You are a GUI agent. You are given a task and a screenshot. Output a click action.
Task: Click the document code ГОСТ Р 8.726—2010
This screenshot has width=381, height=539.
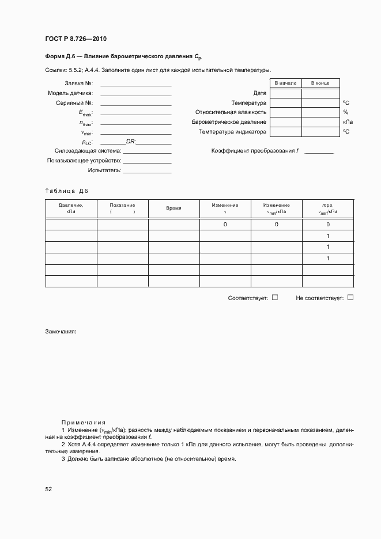tap(76, 39)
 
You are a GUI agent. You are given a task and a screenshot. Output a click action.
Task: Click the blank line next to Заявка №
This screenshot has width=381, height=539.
tap(135, 84)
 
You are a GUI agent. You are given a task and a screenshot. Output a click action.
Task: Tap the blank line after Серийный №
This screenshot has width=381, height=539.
tap(135, 104)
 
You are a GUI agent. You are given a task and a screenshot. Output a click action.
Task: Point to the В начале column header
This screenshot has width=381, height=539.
tap(285, 83)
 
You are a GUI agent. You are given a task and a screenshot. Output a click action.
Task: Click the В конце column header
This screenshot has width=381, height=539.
tap(320, 83)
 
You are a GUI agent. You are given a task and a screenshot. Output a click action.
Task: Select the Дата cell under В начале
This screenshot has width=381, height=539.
tap(285, 93)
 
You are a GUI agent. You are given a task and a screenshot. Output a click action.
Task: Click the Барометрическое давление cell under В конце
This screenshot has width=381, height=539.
tap(320, 122)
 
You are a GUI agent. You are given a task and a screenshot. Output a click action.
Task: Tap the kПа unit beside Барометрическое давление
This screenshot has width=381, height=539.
tap(348, 122)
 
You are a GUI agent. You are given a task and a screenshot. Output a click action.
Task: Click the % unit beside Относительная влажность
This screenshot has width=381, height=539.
tap(346, 112)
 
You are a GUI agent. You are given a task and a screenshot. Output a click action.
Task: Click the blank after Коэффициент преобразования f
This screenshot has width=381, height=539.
tap(319, 151)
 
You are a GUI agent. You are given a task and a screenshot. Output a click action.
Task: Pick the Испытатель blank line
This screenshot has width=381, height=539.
tap(147, 171)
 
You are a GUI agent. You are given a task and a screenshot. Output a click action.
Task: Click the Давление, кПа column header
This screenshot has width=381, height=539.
tap(71, 208)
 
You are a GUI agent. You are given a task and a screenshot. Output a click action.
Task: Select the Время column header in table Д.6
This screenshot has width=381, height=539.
tap(173, 208)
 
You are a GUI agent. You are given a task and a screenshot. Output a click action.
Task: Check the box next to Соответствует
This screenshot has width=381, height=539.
tap(275, 297)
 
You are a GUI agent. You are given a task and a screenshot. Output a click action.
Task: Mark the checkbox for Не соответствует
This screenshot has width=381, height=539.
tap(350, 297)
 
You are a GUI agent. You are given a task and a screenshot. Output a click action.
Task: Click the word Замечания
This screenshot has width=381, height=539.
tap(61, 332)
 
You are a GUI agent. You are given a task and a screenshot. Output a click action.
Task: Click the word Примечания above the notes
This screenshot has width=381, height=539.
tap(84, 422)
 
